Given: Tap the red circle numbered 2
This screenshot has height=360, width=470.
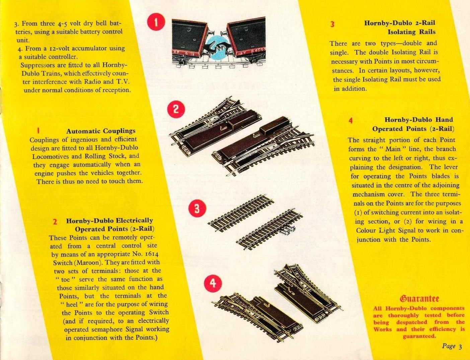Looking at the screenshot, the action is (x=176, y=109).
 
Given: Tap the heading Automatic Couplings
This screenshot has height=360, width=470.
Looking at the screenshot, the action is (x=101, y=131).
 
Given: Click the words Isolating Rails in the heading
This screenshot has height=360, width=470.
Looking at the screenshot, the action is (x=411, y=32).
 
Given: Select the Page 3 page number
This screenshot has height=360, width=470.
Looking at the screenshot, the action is (x=452, y=346).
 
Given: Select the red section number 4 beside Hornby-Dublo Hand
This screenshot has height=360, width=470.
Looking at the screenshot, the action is (x=350, y=120).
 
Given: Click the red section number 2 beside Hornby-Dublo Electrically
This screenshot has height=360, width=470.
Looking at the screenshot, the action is (x=55, y=222).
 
